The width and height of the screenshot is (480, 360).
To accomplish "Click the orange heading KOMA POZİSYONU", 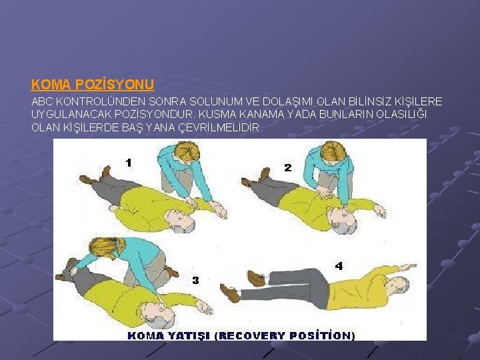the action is pyautogui.click(x=93, y=85).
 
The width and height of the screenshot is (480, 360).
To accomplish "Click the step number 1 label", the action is pyautogui.click(x=129, y=163).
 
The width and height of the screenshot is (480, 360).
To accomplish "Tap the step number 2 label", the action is pyautogui.click(x=288, y=168).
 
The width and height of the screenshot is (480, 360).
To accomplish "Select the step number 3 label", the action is pyautogui.click(x=195, y=280).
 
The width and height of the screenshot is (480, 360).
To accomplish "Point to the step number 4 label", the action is pyautogui.click(x=339, y=266).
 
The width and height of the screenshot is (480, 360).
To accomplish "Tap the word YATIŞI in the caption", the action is pyautogui.click(x=189, y=336).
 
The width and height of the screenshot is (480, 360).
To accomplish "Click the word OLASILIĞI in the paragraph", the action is pyautogui.click(x=401, y=114).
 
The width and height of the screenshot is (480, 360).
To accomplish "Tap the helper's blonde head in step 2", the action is pyautogui.click(x=333, y=151).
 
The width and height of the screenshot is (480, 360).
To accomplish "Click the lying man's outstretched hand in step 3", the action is pyautogui.click(x=204, y=307).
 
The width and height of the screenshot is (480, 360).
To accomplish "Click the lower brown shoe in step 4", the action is pyautogui.click(x=230, y=293).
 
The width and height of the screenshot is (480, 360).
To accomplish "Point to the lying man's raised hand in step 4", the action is pyautogui.click(x=409, y=267).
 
